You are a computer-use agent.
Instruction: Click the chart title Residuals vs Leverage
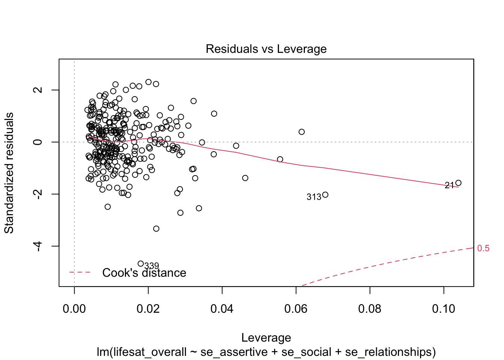[266, 49]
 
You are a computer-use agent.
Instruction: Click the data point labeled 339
[141, 264]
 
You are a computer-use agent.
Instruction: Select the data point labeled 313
[325, 195]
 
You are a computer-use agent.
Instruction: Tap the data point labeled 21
[458, 183]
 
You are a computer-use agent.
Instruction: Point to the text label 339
[151, 266]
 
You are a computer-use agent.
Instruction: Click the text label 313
[314, 197]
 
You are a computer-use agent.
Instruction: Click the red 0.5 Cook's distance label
[483, 248]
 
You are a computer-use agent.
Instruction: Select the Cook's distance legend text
[144, 273]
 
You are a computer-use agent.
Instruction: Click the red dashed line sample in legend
[80, 272]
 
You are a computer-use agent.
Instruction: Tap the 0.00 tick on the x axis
[74, 309]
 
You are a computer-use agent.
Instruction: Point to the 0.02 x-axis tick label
[148, 309]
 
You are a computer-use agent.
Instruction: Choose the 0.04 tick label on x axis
[222, 309]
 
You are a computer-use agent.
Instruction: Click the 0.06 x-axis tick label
[296, 309]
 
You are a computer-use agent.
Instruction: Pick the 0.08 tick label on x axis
[370, 309]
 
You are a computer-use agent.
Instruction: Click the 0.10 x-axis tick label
[444, 309]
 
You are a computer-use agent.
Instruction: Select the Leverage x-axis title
[266, 337]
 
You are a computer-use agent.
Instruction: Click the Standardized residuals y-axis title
[9, 172]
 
